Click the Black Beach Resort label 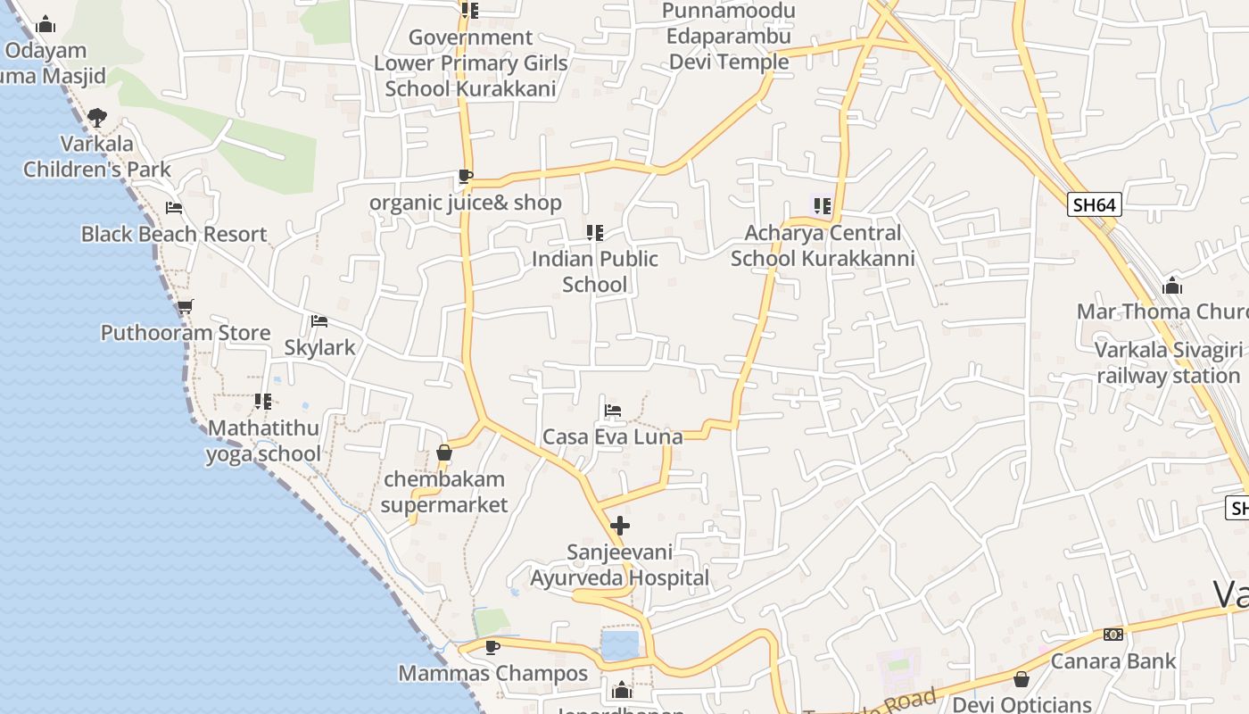tap(174, 234)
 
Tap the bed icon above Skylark tap(319, 321)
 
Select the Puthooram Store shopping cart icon tap(185, 306)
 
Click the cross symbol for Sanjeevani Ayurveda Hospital tap(620, 526)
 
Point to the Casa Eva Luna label tap(612, 436)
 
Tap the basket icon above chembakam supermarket tap(444, 453)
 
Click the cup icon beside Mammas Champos tap(492, 647)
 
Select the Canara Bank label tap(1113, 661)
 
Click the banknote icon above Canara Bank tap(1113, 635)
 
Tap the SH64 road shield tap(1094, 204)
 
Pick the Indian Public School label tap(595, 271)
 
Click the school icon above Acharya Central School tap(822, 206)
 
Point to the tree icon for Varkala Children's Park tap(97, 117)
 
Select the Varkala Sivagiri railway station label tap(1168, 362)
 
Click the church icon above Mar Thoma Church tap(1172, 286)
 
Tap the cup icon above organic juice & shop tap(464, 176)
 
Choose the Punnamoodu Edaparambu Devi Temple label tap(729, 37)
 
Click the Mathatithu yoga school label tap(263, 441)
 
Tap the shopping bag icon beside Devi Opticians tap(1022, 679)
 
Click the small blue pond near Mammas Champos tap(619, 644)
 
